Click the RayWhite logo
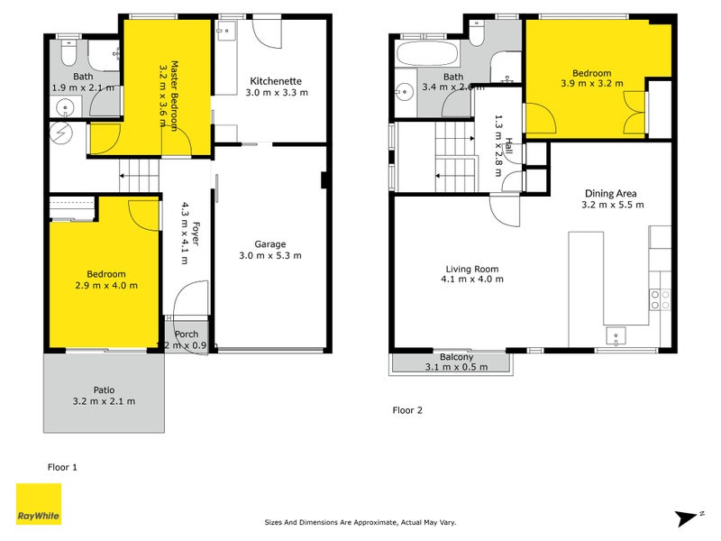[x=39, y=504]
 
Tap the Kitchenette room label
[x=278, y=80]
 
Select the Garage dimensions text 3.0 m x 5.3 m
[x=269, y=255]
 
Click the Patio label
[x=104, y=390]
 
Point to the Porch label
[x=187, y=334]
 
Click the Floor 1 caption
[x=63, y=466]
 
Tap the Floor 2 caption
[x=407, y=409]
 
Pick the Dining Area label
[x=612, y=193]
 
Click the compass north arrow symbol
[x=687, y=517]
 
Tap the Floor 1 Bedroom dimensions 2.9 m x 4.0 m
[x=106, y=286]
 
